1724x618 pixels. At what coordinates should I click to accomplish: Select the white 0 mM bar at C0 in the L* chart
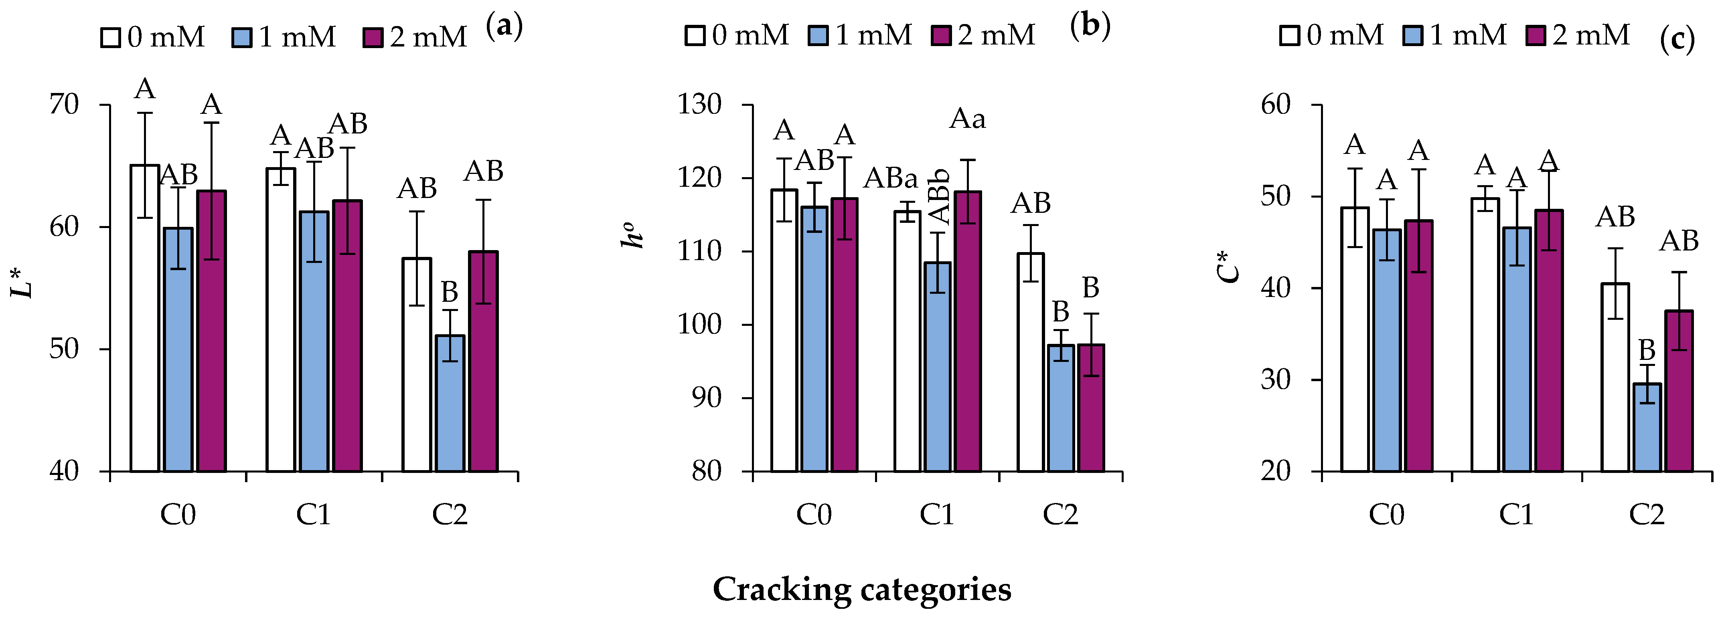(144, 318)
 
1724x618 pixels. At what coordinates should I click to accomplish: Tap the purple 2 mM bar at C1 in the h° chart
(968, 331)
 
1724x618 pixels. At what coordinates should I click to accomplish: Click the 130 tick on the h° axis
(699, 105)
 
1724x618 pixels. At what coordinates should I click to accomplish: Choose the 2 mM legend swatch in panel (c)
(1535, 35)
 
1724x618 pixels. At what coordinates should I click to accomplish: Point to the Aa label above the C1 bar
(968, 119)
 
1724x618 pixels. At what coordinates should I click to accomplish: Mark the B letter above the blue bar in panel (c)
(1646, 350)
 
